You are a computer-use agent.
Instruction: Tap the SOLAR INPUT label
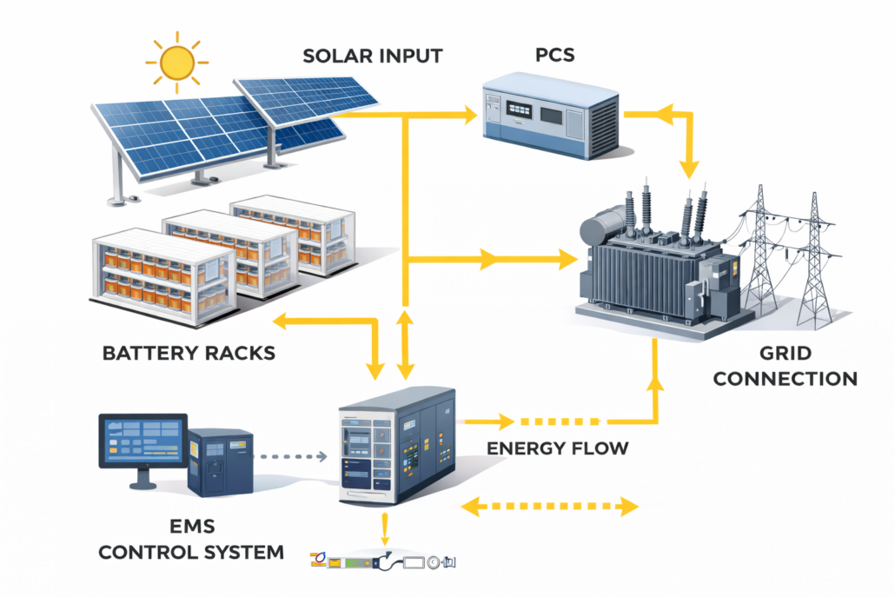[372, 57]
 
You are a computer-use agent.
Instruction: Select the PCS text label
[555, 57]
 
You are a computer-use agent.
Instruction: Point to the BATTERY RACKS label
[189, 354]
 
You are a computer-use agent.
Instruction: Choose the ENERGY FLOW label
[557, 449]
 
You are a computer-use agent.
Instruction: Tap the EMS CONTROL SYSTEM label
[190, 539]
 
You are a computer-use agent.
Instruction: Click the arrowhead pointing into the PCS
[472, 114]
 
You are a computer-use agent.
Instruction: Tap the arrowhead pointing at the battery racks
[280, 323]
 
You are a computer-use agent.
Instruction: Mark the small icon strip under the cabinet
[382, 561]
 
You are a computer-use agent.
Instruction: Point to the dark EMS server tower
[221, 461]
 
